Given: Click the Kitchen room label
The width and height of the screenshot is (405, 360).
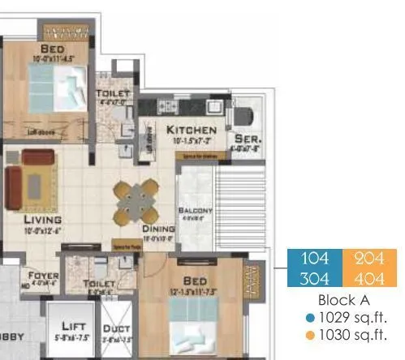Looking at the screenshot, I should [192, 130].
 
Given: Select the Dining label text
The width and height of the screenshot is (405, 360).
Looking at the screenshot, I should [159, 229].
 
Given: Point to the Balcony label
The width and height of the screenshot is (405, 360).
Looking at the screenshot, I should [195, 211].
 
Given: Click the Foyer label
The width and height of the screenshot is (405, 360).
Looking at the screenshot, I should [44, 276].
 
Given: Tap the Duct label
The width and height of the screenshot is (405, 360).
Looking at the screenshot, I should [116, 329].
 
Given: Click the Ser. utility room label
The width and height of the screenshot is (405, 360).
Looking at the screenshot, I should [245, 138].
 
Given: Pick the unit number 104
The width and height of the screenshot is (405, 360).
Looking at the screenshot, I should [315, 259].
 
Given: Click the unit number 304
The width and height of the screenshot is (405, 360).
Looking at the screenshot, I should [315, 278].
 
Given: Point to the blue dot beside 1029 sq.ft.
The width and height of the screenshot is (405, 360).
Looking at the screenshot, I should [310, 318].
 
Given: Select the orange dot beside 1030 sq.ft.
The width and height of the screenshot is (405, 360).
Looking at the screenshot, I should [310, 335].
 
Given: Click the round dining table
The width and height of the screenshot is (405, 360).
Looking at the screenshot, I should [136, 200].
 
